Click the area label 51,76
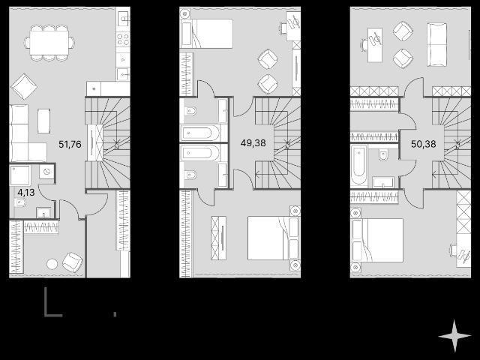point(70,144)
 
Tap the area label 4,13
point(26,193)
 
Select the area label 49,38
point(253,142)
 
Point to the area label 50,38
point(423,143)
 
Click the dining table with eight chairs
point(49,43)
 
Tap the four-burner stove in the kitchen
point(123,40)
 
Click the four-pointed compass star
point(454,336)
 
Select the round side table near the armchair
point(52,264)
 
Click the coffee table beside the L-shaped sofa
point(44,121)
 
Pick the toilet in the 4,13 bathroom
point(20,202)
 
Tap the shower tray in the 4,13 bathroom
point(20,175)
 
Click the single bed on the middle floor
point(207,34)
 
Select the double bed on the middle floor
point(273,238)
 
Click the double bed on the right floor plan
point(376,240)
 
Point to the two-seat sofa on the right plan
point(436,45)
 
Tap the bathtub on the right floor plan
point(359,165)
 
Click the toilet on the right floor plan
point(383,154)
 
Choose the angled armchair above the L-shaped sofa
point(24,86)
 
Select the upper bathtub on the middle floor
point(200,133)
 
